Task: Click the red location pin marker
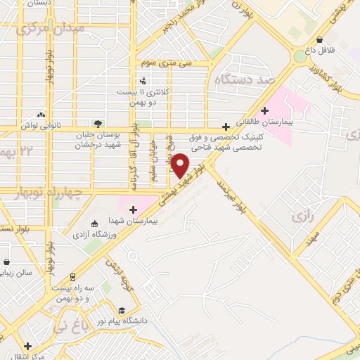[x=181, y=165]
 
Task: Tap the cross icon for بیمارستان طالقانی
[x=264, y=110]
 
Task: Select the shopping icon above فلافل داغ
[x=321, y=39]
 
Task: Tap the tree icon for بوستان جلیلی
[x=98, y=124]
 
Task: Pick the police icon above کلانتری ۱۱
[x=143, y=81]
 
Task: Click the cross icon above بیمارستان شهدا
[x=132, y=208]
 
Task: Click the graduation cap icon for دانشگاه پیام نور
[x=122, y=310]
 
